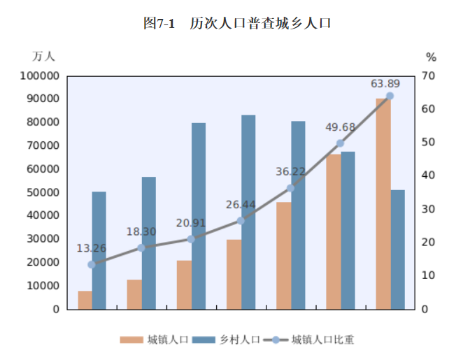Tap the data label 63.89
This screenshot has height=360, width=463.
click(x=386, y=83)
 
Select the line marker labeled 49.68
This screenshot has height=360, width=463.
click(x=340, y=143)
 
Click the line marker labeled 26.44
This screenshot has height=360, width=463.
click(x=241, y=221)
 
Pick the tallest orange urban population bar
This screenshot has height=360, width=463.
click(x=383, y=203)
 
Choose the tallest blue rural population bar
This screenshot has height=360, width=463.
click(x=248, y=212)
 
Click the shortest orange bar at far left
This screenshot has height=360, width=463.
click(x=85, y=300)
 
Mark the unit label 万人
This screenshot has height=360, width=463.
click(x=43, y=55)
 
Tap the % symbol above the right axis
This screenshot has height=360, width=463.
click(x=431, y=57)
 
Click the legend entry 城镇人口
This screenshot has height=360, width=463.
click(x=154, y=340)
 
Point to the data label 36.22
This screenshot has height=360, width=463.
click(x=291, y=171)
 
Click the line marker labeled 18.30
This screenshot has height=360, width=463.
click(x=141, y=247)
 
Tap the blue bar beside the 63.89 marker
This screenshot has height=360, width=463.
click(x=397, y=249)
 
